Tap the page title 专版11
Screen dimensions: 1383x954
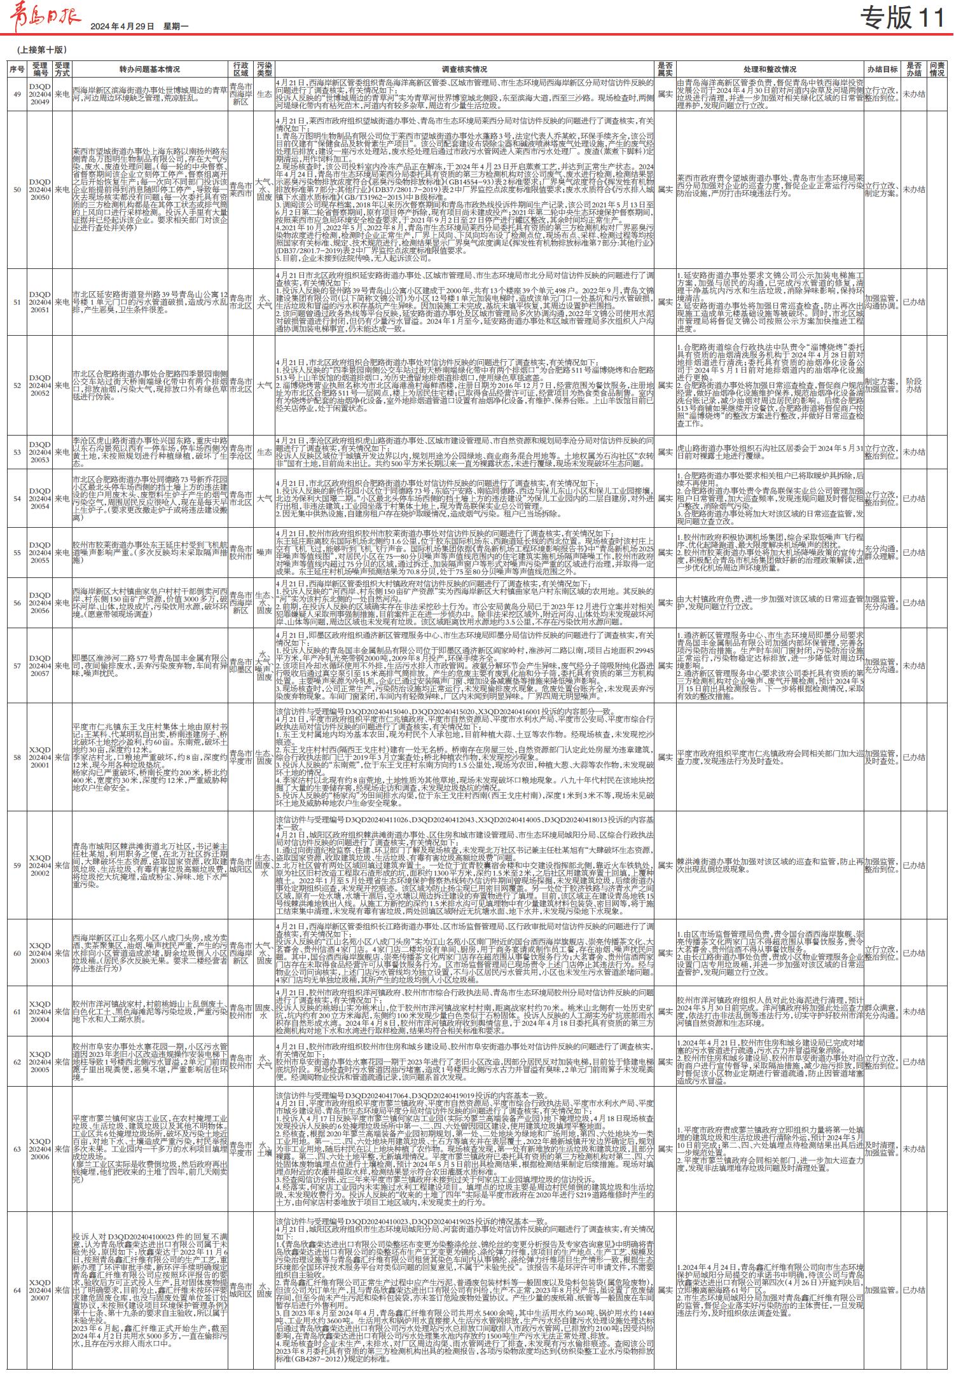(x=902, y=18)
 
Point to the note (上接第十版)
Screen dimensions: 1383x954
(x=41, y=50)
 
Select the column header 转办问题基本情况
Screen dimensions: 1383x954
(x=149, y=69)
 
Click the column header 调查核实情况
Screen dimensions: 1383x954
(x=464, y=69)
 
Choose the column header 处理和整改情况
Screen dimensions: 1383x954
(x=770, y=69)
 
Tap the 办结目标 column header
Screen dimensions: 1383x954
(x=882, y=69)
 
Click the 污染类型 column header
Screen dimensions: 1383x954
(x=264, y=69)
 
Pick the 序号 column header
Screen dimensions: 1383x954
(x=17, y=69)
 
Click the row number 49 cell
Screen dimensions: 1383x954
(x=17, y=94)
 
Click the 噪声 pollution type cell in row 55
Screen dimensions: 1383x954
(x=264, y=553)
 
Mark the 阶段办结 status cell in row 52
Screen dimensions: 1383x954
(x=913, y=385)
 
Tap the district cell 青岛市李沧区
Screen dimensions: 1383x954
(x=240, y=452)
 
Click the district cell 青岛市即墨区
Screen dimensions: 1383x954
(x=240, y=666)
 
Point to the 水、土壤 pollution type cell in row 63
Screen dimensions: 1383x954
(x=264, y=1149)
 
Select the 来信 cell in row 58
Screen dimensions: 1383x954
(x=62, y=757)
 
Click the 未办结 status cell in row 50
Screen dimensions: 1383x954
(x=913, y=189)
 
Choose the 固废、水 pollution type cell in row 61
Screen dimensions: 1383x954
(x=264, y=1012)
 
